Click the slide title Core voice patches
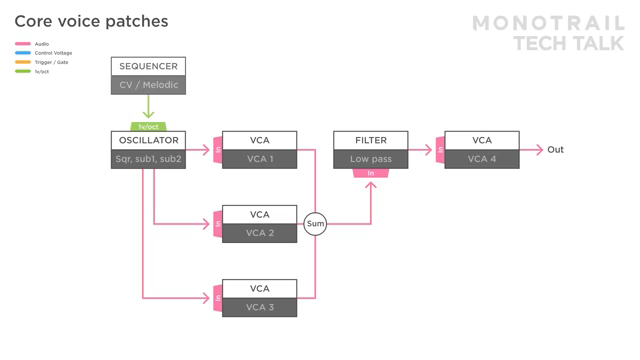[91, 21]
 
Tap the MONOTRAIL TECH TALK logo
[548, 33]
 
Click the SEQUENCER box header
[148, 67]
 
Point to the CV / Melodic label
[148, 85]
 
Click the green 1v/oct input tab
[148, 127]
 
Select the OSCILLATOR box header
[148, 141]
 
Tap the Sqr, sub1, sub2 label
[148, 159]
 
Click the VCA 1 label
[259, 159]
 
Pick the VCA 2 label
[259, 233]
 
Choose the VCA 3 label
[259, 307]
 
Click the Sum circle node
[315, 224]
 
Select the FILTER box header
[370, 141]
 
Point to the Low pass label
[370, 159]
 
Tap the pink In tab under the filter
[371, 174]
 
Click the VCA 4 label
[482, 159]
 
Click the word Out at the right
[555, 150]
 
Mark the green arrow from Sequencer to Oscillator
[148, 108]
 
